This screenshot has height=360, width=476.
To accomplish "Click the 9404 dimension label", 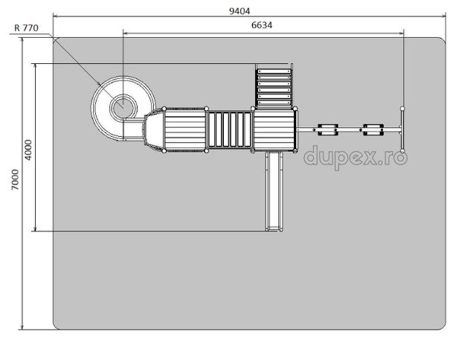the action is pos(239,11).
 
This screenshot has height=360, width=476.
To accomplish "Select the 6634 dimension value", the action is pos(262,25).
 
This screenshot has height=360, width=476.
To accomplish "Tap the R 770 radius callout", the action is pos(27,28).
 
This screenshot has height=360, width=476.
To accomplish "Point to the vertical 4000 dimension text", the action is pos(28,150).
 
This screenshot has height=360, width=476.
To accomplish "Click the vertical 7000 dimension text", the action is pos(15,180).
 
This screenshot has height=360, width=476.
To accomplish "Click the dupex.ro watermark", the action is pos(356,157).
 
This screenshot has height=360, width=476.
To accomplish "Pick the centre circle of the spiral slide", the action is pos(123,108).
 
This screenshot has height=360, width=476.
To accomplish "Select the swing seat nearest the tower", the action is pos(328,130).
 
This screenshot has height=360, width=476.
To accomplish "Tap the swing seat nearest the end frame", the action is pos(373,130).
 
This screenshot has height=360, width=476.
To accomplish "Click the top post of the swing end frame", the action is pos(402,109).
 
